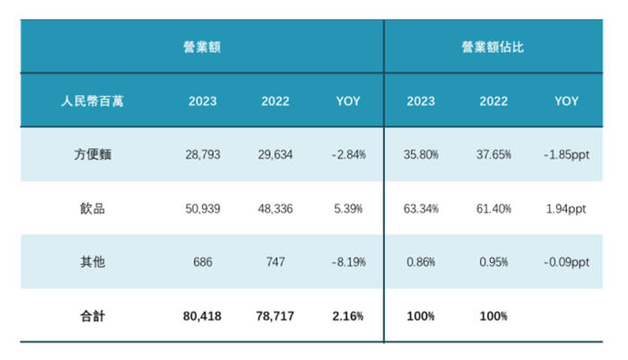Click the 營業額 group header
202,47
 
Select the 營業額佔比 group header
493,47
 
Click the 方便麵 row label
93,154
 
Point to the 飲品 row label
93,208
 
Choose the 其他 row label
93,262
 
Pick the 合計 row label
93,316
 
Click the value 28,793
202,154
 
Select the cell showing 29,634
275,154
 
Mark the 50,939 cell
202,208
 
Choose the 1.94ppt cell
566,208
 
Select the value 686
202,262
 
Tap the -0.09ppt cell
566,262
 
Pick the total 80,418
202,316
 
